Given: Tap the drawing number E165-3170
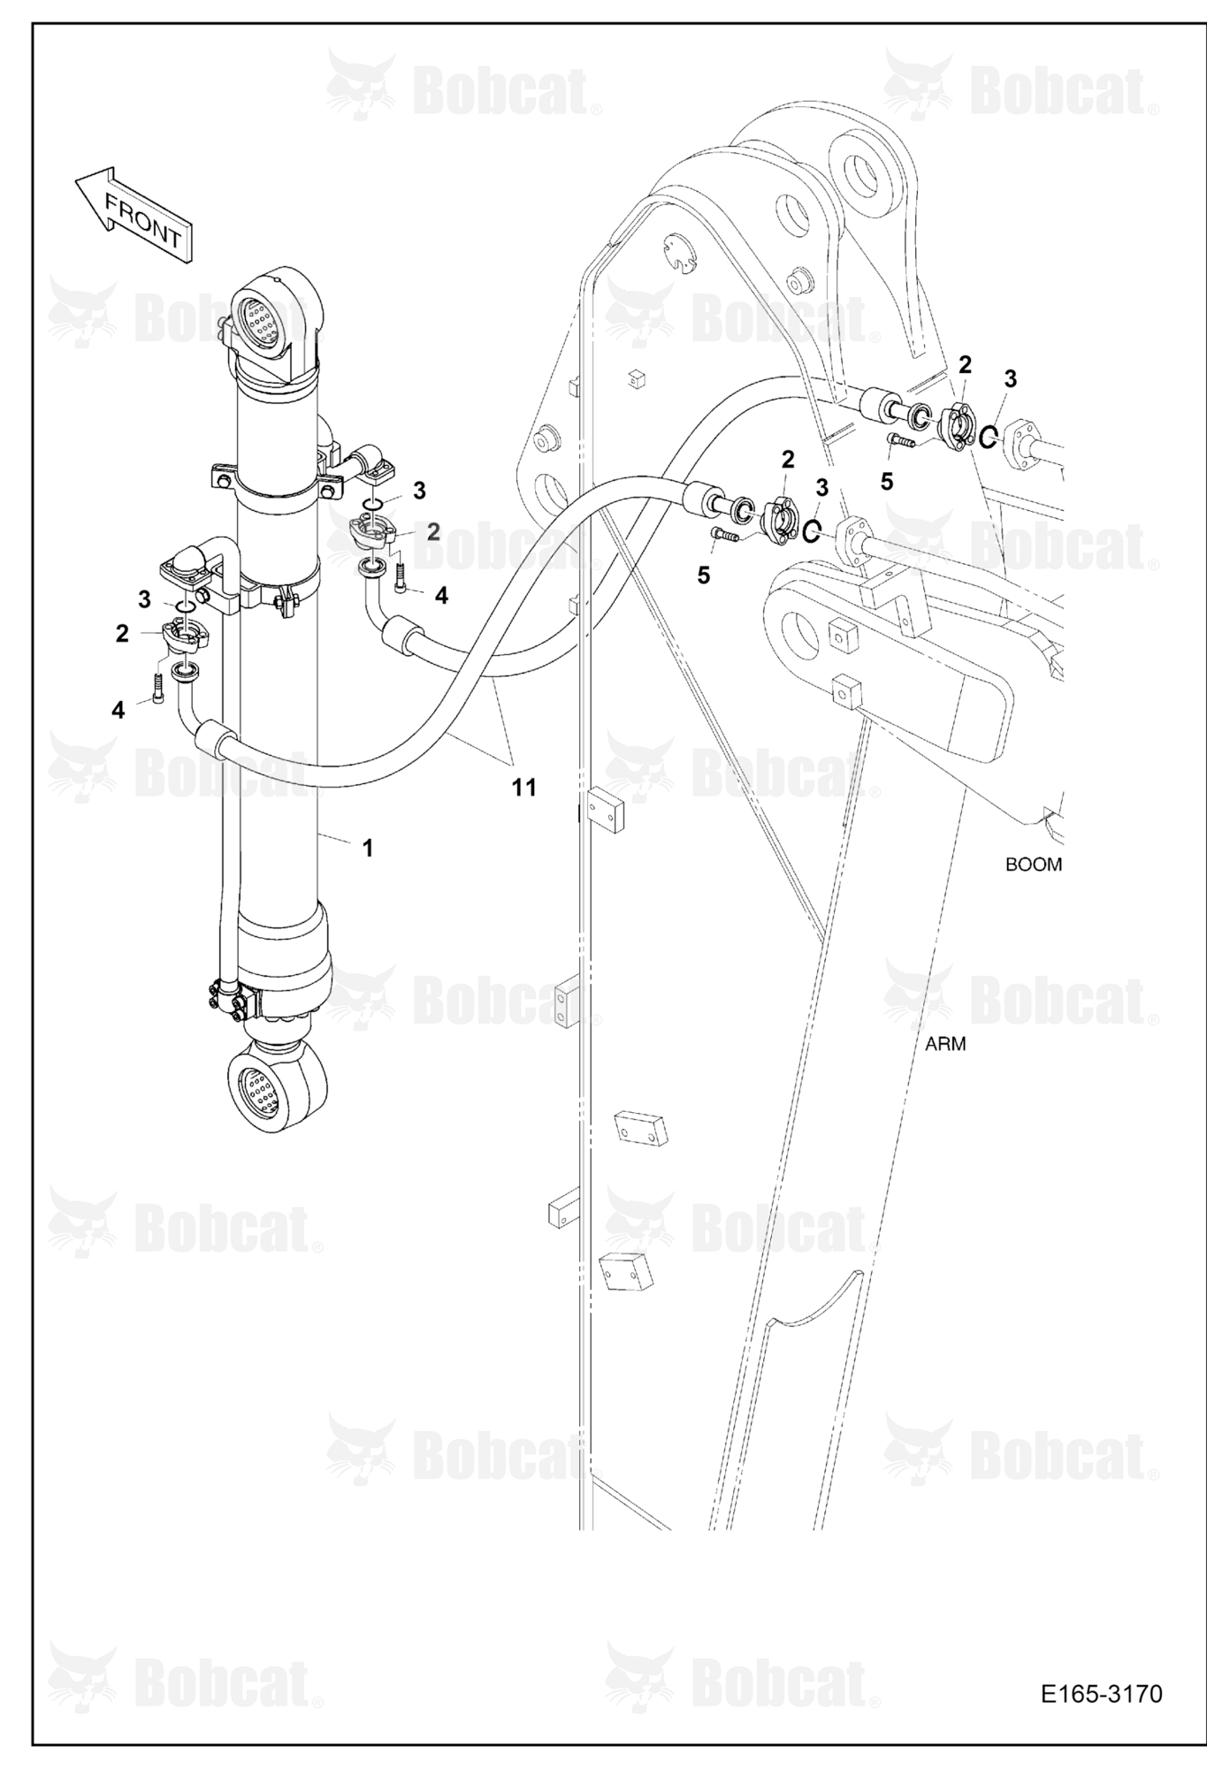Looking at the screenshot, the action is click(1101, 1693).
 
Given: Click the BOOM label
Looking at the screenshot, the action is click(1033, 864).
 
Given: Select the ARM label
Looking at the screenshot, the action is click(945, 1043).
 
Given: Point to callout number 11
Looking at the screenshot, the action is click(523, 787).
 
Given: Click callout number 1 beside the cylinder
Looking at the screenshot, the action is click(367, 848).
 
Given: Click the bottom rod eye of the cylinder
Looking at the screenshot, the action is click(276, 1085).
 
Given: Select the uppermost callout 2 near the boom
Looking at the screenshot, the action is click(965, 363).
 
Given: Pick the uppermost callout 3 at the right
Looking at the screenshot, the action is click(1010, 378).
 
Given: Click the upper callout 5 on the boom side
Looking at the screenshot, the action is click(886, 481).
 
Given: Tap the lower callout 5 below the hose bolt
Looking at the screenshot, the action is click(703, 575).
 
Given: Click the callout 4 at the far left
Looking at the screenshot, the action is click(118, 709).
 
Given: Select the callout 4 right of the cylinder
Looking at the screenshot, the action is click(441, 596).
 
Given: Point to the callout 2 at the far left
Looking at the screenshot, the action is click(122, 633).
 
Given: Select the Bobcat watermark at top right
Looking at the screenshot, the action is click(1021, 85).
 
